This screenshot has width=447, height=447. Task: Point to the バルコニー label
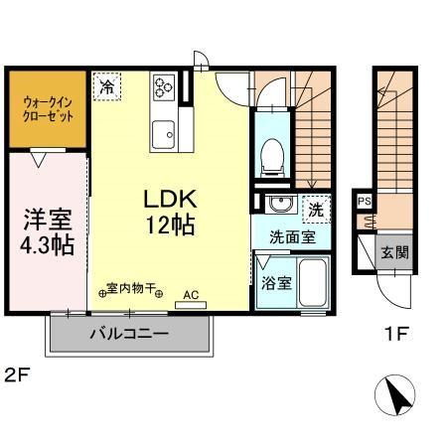pyautogui.click(x=129, y=334)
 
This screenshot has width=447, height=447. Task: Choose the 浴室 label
pyautogui.click(x=276, y=282)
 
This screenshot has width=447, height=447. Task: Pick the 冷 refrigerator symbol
pyautogui.click(x=106, y=86)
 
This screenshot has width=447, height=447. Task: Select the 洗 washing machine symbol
pyautogui.click(x=314, y=210)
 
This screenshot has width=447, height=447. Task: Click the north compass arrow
pyautogui.click(x=396, y=397)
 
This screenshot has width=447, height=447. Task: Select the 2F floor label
pyautogui.click(x=14, y=375)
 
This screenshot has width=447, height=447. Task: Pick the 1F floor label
pyautogui.click(x=396, y=334)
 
